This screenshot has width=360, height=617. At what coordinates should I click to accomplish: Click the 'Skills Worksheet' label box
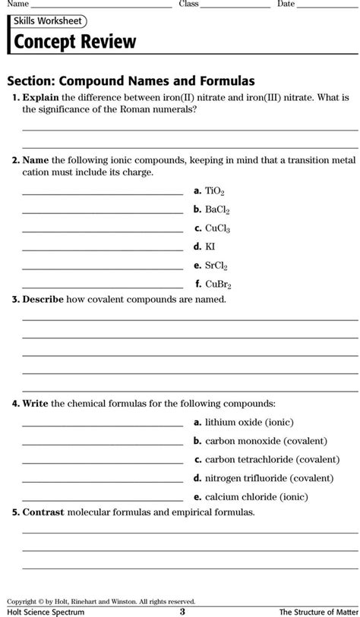47,21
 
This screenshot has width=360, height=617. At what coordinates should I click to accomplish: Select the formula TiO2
215,193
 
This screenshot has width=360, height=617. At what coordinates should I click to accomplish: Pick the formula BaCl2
217,210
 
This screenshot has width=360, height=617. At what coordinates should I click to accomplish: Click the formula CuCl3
217,228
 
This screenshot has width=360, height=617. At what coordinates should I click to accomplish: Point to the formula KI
210,247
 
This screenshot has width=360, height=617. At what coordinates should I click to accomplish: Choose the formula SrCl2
216,266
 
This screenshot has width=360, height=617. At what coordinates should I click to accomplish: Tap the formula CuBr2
218,285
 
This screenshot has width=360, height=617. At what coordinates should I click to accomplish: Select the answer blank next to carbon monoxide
102,442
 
